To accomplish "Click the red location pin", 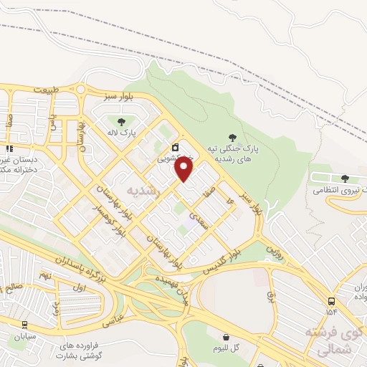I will (184, 169).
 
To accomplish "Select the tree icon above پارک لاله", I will (120, 121).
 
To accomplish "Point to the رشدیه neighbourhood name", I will (141, 191).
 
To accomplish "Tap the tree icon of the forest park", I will (232, 136).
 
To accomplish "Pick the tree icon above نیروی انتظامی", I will (345, 178).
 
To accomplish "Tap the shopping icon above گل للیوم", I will (227, 337).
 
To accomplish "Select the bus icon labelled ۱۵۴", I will (331, 302).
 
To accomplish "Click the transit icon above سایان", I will (25, 325).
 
